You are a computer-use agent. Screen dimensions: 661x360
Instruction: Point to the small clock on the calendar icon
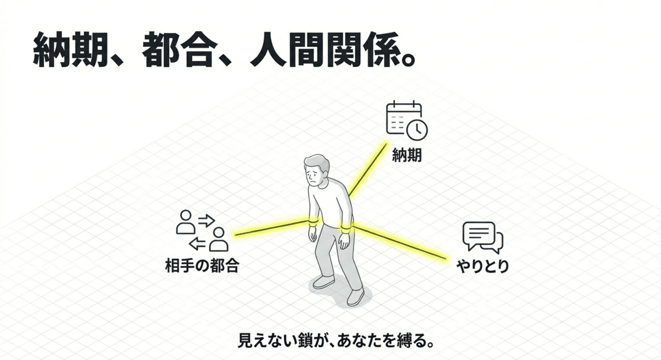click(x=417, y=129)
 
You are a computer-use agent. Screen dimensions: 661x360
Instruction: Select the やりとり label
click(x=483, y=268)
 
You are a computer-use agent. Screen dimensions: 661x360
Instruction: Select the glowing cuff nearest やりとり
click(x=346, y=228)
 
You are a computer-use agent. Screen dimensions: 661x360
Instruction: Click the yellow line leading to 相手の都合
click(x=270, y=229)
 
